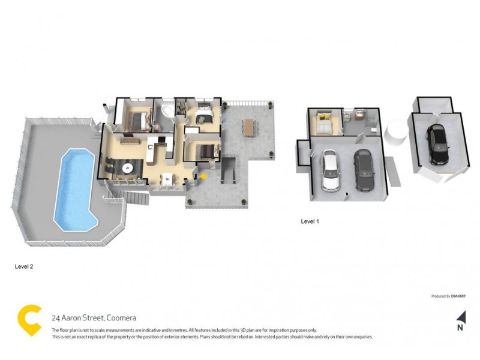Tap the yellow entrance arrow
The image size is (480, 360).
[x=204, y=176]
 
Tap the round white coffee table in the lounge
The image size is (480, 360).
[x=127, y=169]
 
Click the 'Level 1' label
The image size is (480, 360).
[x=310, y=221]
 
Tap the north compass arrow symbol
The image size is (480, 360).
[x=461, y=316]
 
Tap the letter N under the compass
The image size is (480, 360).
[x=460, y=328]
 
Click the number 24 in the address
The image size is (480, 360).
[x=55, y=318]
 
